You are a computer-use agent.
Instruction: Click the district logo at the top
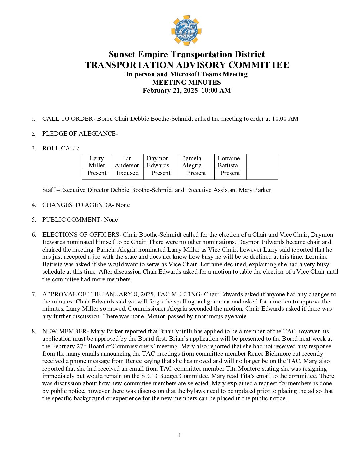pos(186,30)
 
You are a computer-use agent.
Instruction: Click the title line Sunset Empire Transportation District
pos(187,54)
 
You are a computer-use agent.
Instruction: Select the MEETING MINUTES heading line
pos(187,82)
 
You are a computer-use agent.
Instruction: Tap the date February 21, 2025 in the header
pos(170,91)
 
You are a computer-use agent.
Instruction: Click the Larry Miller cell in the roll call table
pos(97,162)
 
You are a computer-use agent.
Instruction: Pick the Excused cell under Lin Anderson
pos(127,173)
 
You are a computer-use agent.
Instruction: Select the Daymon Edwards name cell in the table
pos(158,162)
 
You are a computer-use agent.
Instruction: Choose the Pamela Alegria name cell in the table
pos(192,162)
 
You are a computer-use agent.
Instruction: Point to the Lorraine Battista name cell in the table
pos(228,162)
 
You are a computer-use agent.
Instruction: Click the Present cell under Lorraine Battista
pos(230,173)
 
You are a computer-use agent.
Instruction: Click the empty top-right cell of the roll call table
pos(262,162)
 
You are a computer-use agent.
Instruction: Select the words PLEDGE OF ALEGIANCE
pos(79,134)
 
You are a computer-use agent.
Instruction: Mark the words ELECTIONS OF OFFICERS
pos(80,235)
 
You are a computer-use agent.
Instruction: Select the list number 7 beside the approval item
pos(34,294)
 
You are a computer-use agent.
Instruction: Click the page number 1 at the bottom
pos(180,435)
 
